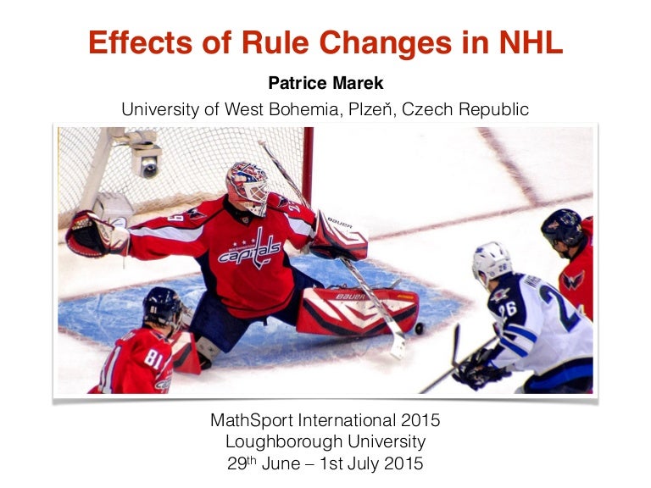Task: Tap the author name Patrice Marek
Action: click(x=325, y=83)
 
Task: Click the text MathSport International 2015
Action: click(x=325, y=419)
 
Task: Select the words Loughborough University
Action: click(x=325, y=441)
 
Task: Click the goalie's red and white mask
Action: click(x=246, y=186)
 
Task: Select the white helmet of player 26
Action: click(x=492, y=261)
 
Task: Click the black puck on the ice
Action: click(x=419, y=328)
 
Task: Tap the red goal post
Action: click(x=308, y=161)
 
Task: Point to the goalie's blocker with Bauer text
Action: click(x=338, y=236)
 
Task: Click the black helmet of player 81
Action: click(x=161, y=306)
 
